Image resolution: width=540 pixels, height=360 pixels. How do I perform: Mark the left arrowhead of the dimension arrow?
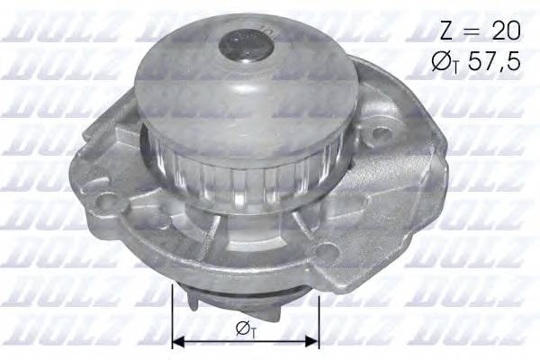(177, 341)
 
